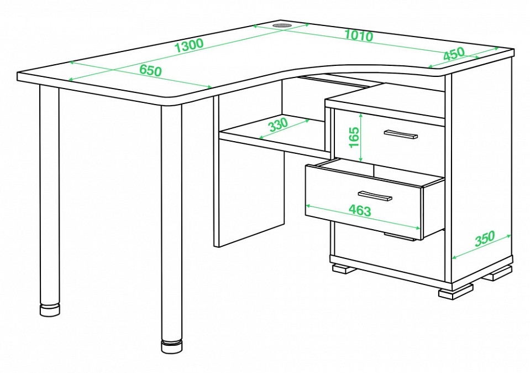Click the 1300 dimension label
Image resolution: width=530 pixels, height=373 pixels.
click(189, 45)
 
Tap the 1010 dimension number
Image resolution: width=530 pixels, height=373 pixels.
click(359, 35)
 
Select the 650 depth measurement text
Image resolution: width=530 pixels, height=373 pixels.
click(150, 70)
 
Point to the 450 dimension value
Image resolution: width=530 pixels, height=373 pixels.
click(454, 54)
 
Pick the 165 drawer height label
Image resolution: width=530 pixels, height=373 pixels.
click(354, 137)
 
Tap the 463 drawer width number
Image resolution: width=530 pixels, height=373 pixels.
click(360, 210)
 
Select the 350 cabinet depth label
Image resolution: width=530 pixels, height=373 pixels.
click(485, 239)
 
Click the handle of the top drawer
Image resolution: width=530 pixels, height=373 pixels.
click(401, 134)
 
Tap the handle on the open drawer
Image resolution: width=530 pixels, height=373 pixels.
click(375, 196)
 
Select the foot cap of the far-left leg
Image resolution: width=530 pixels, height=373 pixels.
click(50, 310)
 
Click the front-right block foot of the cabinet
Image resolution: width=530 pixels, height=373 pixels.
click(455, 291)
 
